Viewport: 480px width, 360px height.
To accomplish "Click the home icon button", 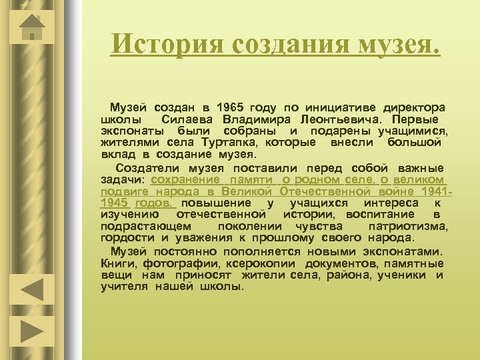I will tap(31, 26).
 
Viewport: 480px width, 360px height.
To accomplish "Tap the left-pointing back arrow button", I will tap(30, 290).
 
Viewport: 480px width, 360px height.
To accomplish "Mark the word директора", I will tap(413, 107).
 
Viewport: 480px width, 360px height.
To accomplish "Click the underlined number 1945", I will tap(114, 203).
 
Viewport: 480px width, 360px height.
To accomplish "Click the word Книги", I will tap(117, 263).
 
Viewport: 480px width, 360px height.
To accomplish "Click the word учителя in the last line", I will tap(124, 287).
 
